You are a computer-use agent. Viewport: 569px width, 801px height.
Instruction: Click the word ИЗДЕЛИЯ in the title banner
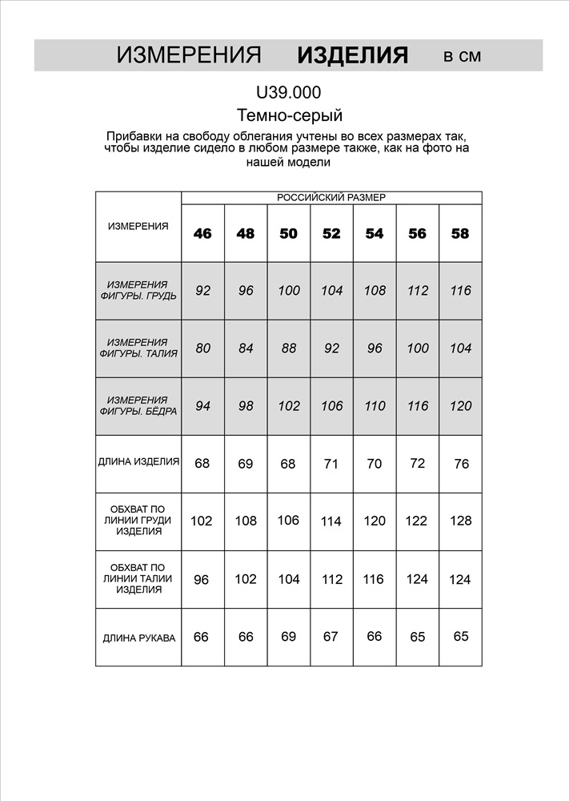[352, 55]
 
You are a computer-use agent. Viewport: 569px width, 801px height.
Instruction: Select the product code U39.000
[289, 93]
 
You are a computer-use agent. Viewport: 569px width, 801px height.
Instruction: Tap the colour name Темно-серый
[290, 115]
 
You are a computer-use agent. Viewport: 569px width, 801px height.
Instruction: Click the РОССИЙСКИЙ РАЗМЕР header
[331, 197]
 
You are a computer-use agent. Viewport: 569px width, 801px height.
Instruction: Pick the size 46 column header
[202, 234]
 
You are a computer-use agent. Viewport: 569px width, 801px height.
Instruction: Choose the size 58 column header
[460, 234]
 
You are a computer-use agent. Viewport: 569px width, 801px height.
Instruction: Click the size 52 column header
[331, 234]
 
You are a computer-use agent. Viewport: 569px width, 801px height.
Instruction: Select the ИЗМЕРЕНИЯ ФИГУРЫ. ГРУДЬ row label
[138, 290]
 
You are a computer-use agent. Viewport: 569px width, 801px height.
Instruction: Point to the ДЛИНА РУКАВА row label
[138, 638]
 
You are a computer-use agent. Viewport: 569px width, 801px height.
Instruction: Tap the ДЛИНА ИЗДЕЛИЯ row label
[138, 462]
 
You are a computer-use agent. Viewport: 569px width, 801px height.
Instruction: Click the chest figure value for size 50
[289, 291]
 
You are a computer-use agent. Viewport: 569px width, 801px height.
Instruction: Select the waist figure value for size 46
[202, 348]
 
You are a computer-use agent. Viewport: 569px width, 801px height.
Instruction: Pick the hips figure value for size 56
[417, 406]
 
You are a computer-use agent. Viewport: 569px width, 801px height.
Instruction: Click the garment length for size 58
[461, 464]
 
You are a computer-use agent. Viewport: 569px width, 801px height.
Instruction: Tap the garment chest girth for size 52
[331, 521]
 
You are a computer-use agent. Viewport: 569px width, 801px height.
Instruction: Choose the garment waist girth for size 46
[202, 579]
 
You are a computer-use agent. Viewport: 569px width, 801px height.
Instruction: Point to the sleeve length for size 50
[289, 637]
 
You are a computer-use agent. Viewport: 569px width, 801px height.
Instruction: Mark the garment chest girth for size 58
[460, 521]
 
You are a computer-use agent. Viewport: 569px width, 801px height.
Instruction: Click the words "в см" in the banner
[463, 56]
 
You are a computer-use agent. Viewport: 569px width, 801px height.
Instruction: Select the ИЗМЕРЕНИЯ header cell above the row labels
[138, 227]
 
